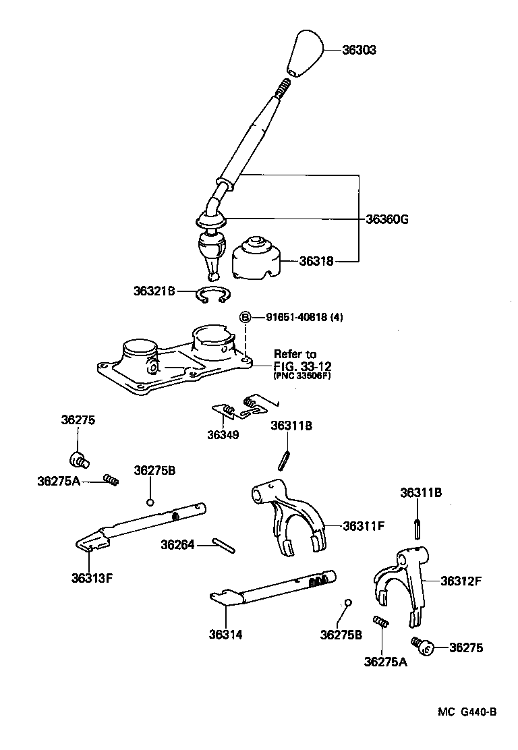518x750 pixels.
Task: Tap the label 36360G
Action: [x=388, y=219]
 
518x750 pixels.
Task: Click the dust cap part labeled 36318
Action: [x=256, y=260]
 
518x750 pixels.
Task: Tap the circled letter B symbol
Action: [x=246, y=317]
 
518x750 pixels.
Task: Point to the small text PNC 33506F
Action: [x=302, y=377]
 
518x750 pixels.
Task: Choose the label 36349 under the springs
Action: [x=223, y=435]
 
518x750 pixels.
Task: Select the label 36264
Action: [x=177, y=544]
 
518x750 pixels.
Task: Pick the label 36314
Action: [x=225, y=634]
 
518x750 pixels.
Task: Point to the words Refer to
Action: [x=294, y=354]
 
